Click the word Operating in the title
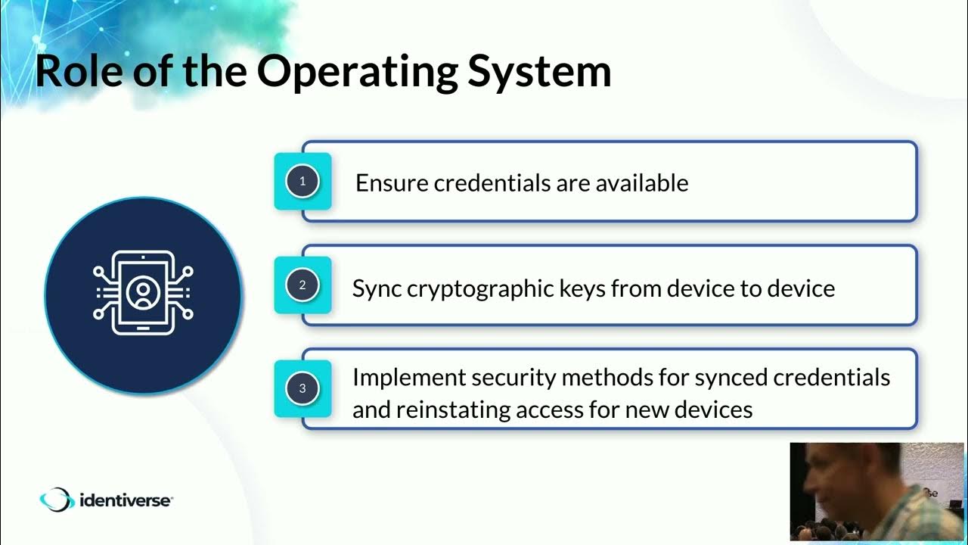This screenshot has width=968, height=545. pos(355,72)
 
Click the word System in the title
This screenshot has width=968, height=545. pos(539,72)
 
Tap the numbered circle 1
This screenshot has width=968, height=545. pos(302,182)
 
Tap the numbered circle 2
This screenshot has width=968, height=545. pos(302,285)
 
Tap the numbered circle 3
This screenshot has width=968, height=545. pos(302,389)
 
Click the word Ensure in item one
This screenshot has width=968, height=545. pos(392,183)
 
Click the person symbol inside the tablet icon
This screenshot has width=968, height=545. pos(142,292)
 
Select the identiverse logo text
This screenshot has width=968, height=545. pos(126,500)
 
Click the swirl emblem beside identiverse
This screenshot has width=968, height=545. pos(57,500)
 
